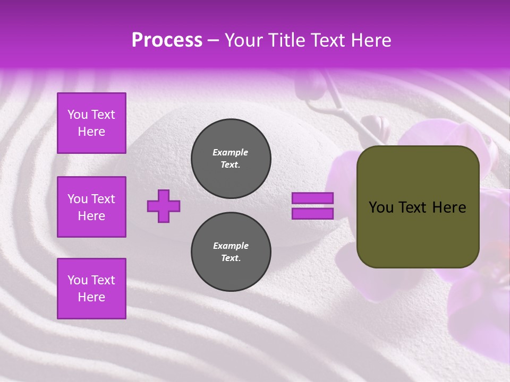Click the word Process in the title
coord(167,40)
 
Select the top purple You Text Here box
coord(91,123)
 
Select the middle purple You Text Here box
coord(91,207)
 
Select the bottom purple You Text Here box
coord(91,289)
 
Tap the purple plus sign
coord(164,206)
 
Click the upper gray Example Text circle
coord(231,159)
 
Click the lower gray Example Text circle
coord(231,252)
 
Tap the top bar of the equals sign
coord(312,198)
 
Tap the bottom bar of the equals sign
coord(312,213)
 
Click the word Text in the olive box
coord(414,207)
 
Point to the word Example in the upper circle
coord(231,152)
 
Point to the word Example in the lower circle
coord(231,246)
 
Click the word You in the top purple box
coord(78,115)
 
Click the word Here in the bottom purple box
coord(91,297)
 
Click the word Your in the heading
coord(245,40)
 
